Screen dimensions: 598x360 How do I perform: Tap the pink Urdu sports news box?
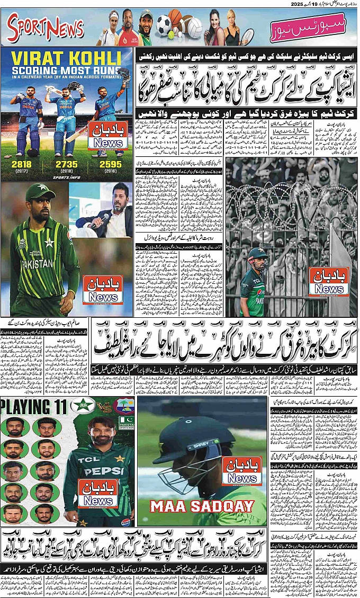click(309, 30)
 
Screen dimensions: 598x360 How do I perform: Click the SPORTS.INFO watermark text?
click(66, 178)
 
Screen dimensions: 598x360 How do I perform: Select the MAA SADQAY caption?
click(202, 506)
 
